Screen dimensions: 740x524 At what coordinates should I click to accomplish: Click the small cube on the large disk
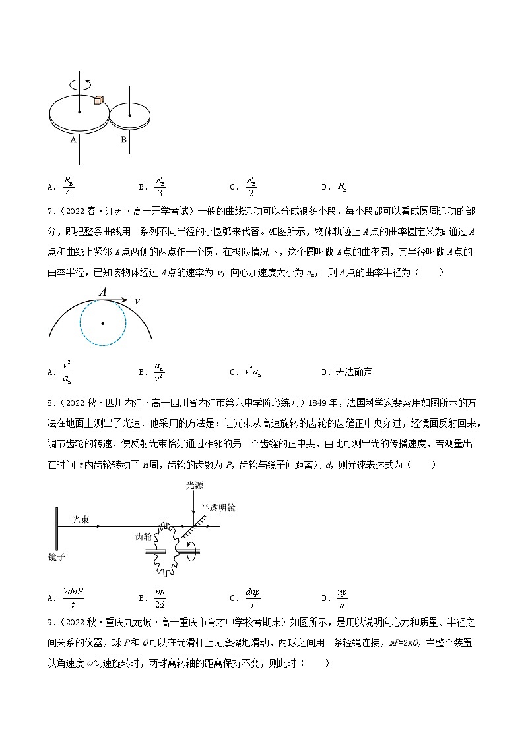pos(98,100)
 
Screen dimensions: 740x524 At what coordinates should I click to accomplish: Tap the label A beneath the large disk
pos(74,140)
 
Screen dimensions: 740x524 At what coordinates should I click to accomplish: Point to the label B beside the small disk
pos(123,140)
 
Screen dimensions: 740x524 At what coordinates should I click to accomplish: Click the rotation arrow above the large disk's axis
pos(81,86)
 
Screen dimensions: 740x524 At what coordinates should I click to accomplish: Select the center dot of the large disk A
pos(80,113)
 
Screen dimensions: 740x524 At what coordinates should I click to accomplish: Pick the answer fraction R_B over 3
pos(160,186)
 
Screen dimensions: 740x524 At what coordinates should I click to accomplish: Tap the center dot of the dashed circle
pos(102,324)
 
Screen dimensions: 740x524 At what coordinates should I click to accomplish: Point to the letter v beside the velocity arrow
pos(137,300)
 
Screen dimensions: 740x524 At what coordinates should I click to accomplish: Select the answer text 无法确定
pos(347,372)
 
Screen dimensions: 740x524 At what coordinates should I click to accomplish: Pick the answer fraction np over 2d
pos(160,598)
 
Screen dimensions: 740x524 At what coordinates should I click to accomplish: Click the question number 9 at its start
pos(50,621)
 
